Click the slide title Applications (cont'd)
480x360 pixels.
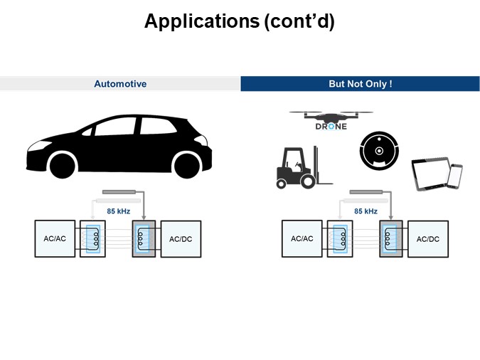click(x=240, y=21)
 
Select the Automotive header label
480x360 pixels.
click(x=120, y=84)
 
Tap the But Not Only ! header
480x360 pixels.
click(x=360, y=84)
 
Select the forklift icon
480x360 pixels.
click(x=296, y=166)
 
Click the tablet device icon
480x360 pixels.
click(x=431, y=174)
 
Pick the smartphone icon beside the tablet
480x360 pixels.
click(x=455, y=176)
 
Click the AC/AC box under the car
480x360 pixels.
click(x=55, y=238)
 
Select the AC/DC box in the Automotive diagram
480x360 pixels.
click(x=181, y=238)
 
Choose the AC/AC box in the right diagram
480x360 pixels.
click(x=302, y=238)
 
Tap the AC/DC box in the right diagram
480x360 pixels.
click(x=427, y=238)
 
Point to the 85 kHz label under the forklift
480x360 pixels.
click(x=365, y=211)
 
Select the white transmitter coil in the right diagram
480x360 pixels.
click(x=340, y=238)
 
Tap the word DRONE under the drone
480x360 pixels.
click(x=331, y=127)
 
